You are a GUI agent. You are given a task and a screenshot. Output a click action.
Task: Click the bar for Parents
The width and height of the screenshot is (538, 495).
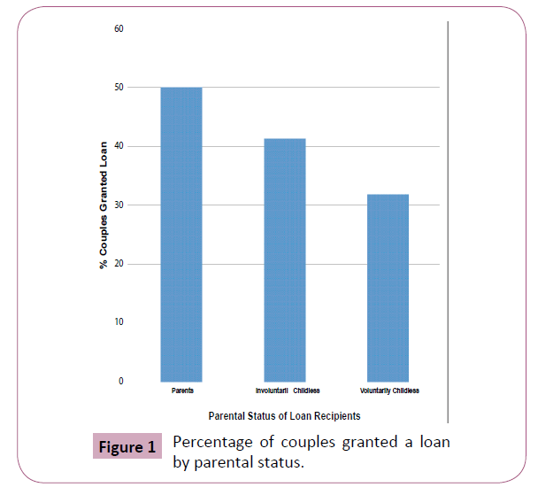click(x=181, y=235)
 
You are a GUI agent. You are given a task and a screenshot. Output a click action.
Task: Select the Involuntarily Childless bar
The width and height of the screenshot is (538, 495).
click(x=284, y=260)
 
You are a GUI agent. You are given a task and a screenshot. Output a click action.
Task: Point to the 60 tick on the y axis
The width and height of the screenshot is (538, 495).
click(x=119, y=29)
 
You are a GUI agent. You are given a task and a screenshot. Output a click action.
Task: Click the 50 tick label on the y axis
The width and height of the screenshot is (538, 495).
click(x=119, y=88)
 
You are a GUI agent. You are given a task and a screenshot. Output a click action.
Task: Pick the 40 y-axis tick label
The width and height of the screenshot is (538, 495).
click(x=119, y=146)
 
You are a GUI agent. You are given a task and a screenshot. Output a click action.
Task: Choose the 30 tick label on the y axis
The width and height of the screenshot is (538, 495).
click(x=119, y=205)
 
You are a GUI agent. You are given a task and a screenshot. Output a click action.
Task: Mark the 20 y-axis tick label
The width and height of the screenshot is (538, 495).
click(x=119, y=264)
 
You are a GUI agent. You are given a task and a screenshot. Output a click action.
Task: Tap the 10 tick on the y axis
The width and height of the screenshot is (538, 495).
click(x=119, y=322)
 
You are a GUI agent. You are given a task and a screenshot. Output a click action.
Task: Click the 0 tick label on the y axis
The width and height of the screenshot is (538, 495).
click(x=120, y=382)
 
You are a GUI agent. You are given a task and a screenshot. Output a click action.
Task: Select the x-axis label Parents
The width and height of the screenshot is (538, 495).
click(x=181, y=391)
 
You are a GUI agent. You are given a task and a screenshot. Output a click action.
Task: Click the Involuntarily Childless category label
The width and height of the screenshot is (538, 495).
click(x=288, y=391)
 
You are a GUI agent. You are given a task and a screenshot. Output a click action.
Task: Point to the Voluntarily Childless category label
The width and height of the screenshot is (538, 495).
click(x=389, y=391)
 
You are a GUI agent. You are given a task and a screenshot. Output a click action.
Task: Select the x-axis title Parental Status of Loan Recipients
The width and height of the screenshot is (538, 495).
click(x=284, y=415)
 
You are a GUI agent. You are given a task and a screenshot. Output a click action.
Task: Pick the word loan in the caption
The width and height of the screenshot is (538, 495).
click(x=431, y=442)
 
